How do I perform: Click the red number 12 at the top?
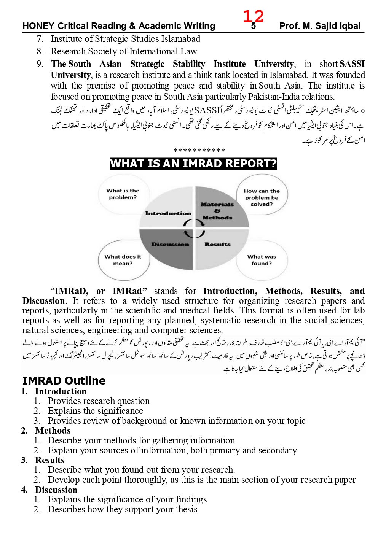pos(253,16)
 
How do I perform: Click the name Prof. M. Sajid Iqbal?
pos(319,26)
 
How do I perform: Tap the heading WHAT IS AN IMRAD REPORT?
pos(193,164)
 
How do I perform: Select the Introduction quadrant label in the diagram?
pos(168,213)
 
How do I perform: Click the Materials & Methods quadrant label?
pos(217,211)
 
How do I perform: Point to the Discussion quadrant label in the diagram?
pos(170,244)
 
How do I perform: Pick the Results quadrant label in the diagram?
pos(217,244)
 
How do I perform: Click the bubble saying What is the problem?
pos(123,194)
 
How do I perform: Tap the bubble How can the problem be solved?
pos(262,197)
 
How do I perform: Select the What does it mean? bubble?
pos(123,260)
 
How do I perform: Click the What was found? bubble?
pos(262,260)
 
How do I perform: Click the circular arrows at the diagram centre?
pos(194,228)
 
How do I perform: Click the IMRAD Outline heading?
pos(64,381)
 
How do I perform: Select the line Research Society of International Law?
pos(124,51)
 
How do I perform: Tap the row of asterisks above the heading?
pos(199,151)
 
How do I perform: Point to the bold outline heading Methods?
pos(53,431)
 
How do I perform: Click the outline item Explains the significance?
pos(95,411)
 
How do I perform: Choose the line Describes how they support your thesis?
pos(122,509)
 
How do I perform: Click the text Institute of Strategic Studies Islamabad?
pos(125,39)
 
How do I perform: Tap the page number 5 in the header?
pos(253,27)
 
